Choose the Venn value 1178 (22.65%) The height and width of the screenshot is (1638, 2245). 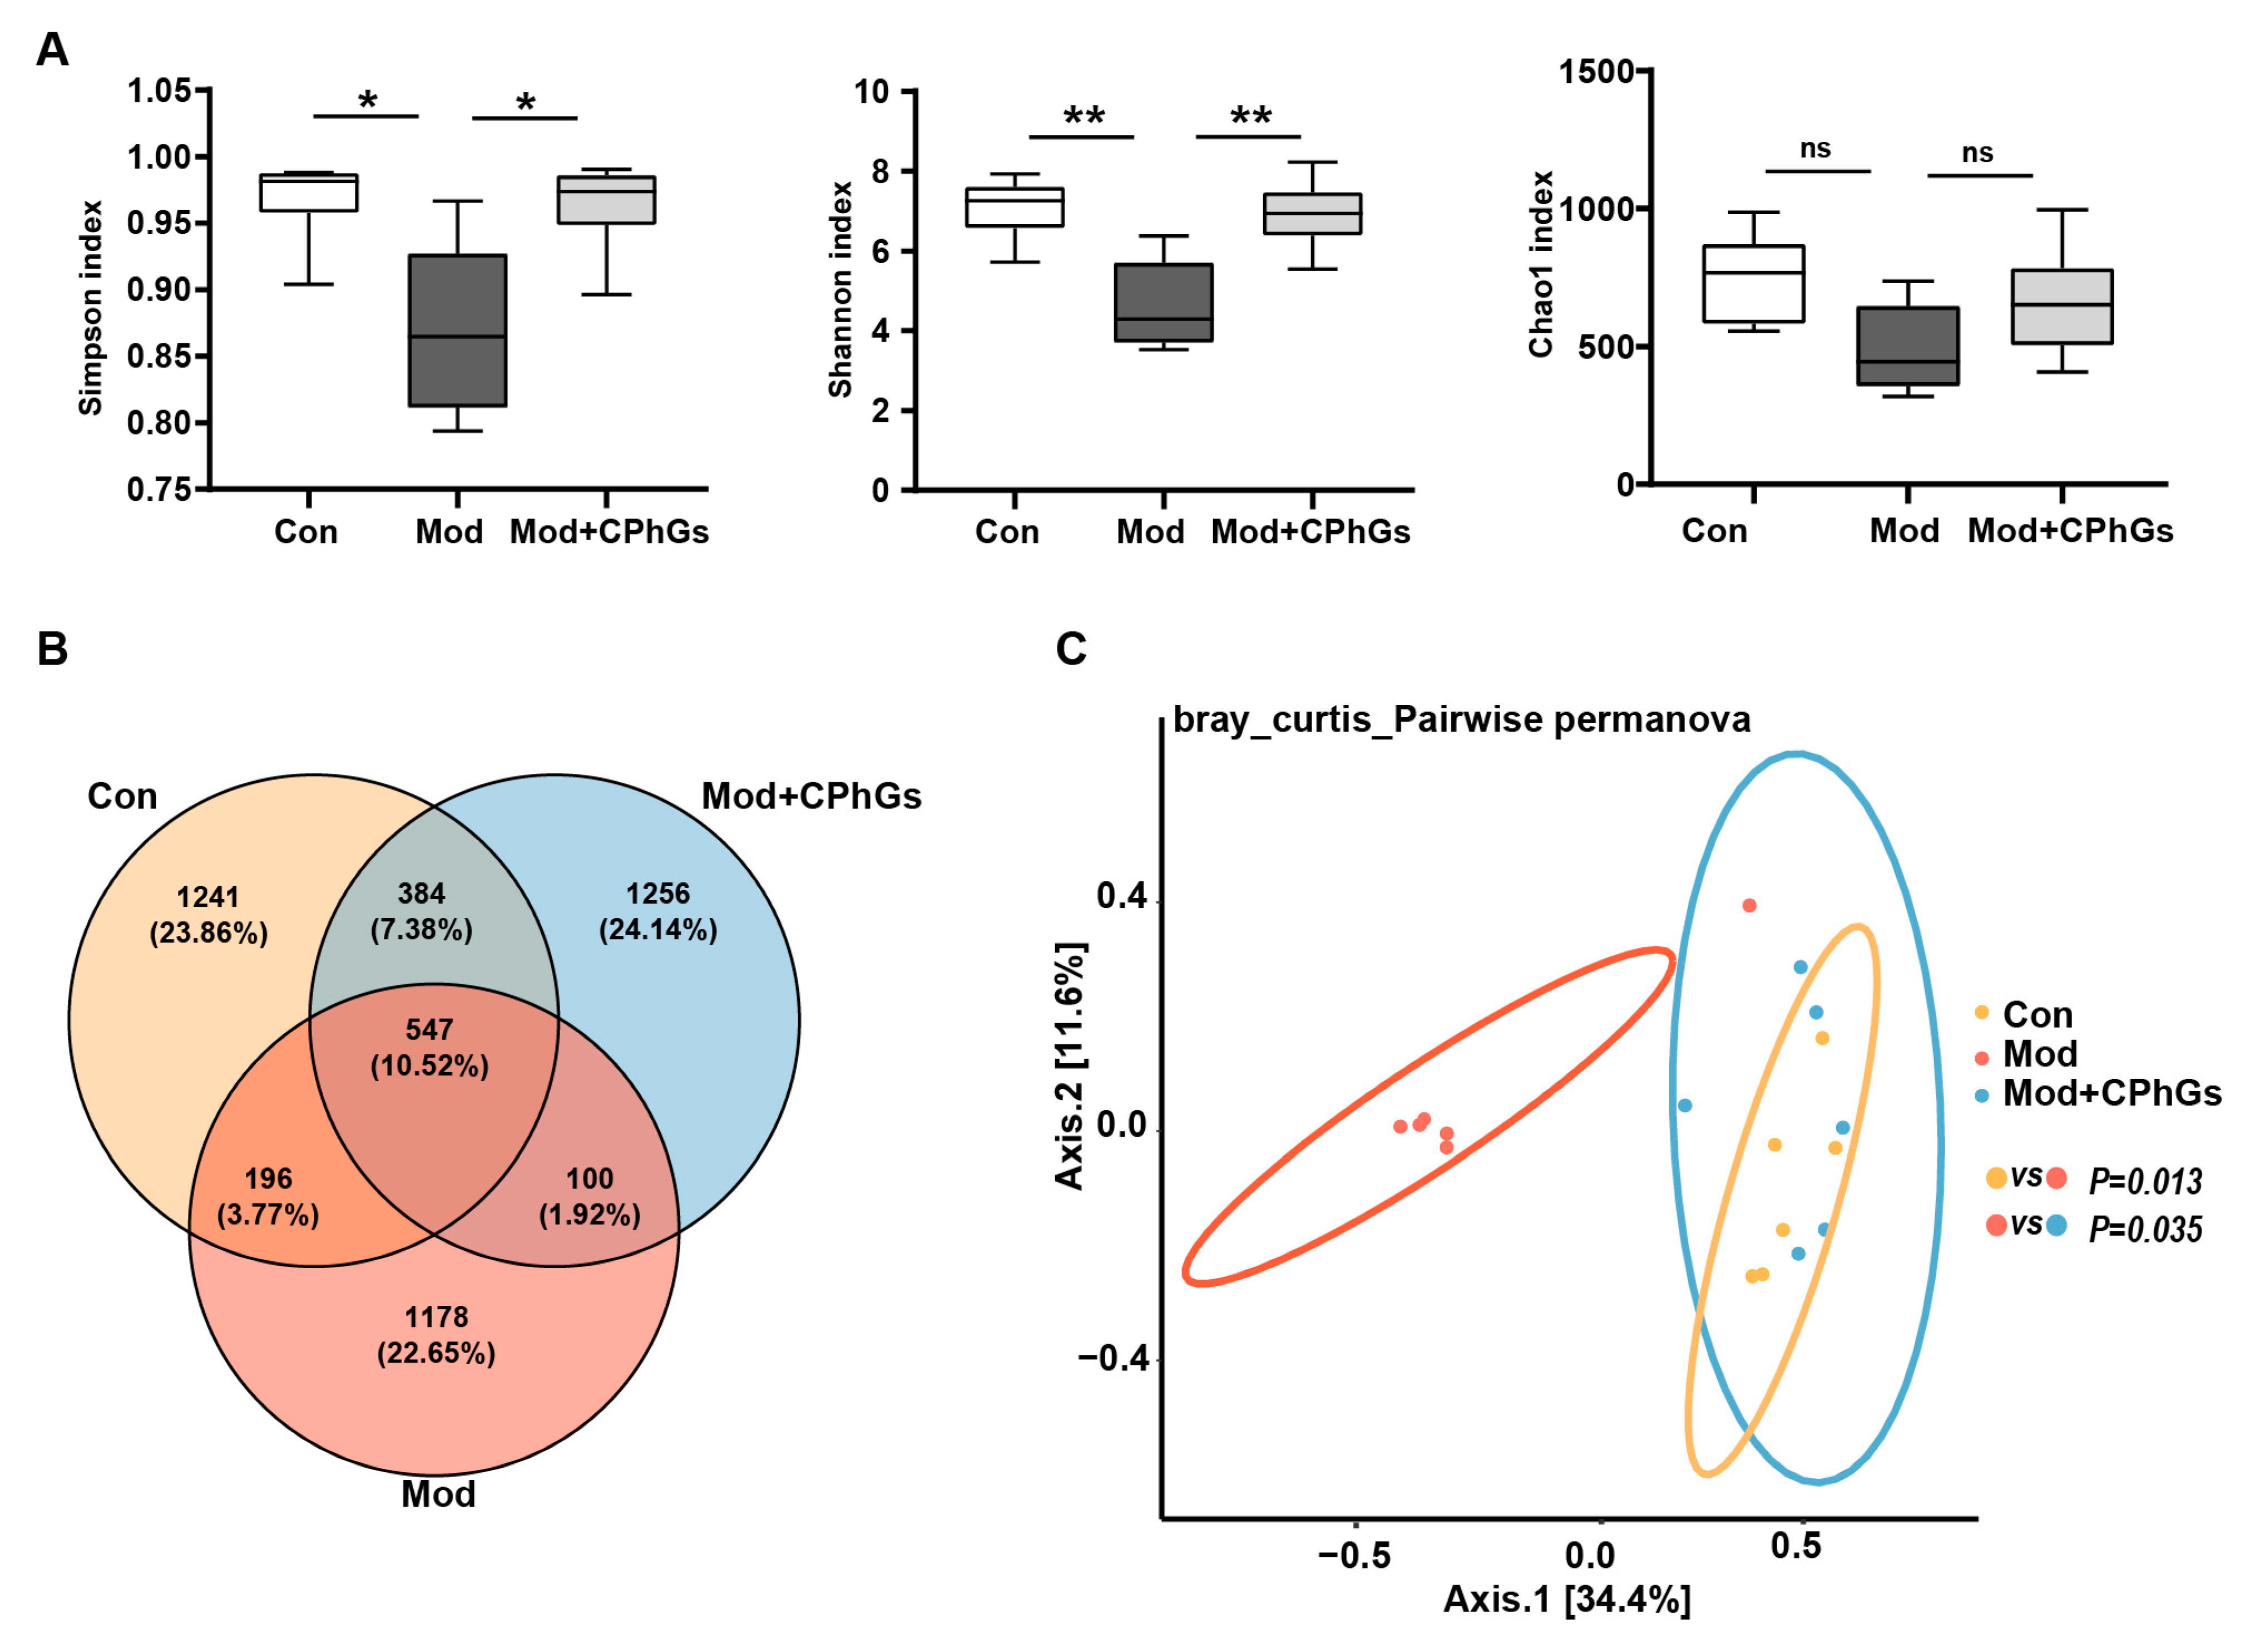tap(436, 1335)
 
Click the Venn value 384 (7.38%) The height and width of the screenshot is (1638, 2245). tap(421, 911)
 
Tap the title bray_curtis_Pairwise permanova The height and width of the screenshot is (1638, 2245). tap(1461, 719)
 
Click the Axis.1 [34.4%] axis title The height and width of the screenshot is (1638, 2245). tap(1566, 1599)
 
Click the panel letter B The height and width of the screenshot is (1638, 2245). tap(52, 649)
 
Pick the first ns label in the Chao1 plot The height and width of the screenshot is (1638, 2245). tap(1815, 149)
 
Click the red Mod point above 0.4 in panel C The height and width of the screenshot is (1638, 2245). tap(1749, 905)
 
